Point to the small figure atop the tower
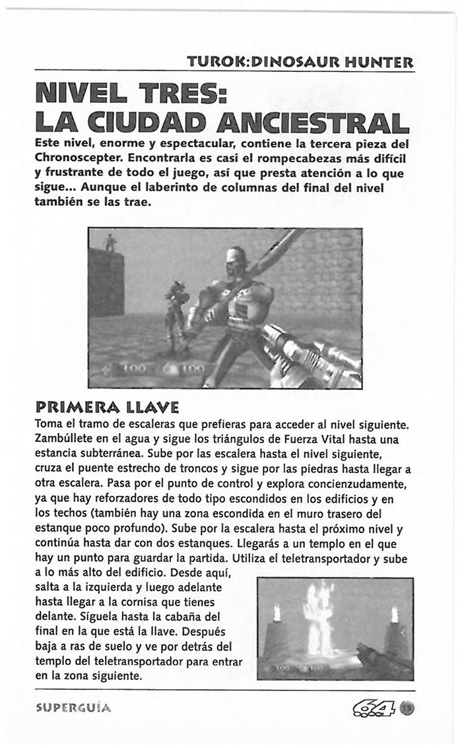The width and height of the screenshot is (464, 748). click(x=110, y=245)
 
